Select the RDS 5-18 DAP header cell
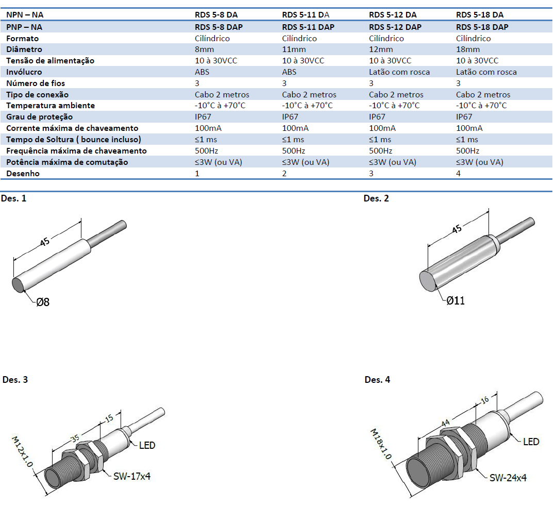coord(482,27)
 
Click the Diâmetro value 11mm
coord(294,49)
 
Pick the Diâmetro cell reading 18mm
coord(468,49)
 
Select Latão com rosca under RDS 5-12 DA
coord(399,72)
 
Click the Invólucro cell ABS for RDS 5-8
coord(203,72)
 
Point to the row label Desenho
coord(23,174)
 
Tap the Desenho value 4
coord(459,174)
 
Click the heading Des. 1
coord(14,198)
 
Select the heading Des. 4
coord(377,380)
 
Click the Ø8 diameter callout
coord(43,302)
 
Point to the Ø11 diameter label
coord(456,300)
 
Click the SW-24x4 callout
coord(508,478)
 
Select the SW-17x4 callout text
coord(132,477)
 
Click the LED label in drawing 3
coord(147,445)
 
